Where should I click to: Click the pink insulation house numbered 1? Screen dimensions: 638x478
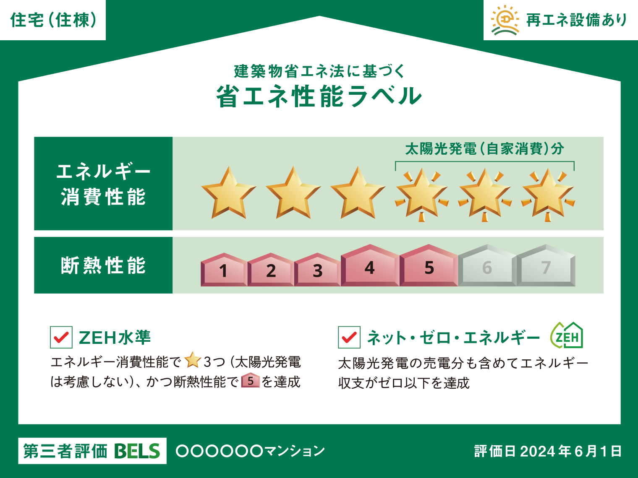tap(224, 270)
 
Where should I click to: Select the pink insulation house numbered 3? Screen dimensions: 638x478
tap(317, 270)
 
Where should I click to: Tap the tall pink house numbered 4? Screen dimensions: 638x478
tap(370, 265)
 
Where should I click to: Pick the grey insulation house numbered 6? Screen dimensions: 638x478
tap(487, 265)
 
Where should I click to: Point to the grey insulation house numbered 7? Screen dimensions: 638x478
tap(546, 265)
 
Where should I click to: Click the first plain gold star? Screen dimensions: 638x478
tap(229, 193)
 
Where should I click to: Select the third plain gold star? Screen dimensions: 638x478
tap(358, 193)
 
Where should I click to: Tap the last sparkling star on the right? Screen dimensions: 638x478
tap(548, 195)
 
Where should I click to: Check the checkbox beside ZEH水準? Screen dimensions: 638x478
tap(61, 337)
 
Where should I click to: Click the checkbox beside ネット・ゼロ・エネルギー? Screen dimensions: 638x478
tap(349, 337)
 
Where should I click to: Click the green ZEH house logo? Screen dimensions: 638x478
tap(567, 335)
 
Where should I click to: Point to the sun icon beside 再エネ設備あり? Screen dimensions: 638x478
tap(505, 20)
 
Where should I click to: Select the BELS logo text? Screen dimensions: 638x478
tap(137, 451)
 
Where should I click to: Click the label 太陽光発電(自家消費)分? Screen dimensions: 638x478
tap(484, 149)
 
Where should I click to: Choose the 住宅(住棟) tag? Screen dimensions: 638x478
tap(53, 20)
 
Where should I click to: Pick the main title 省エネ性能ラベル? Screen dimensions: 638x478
tap(319, 96)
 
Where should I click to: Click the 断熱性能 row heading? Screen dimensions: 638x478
tap(103, 265)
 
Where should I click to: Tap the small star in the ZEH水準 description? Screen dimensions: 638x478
tap(193, 360)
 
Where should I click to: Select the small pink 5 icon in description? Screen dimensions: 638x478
tap(251, 380)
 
